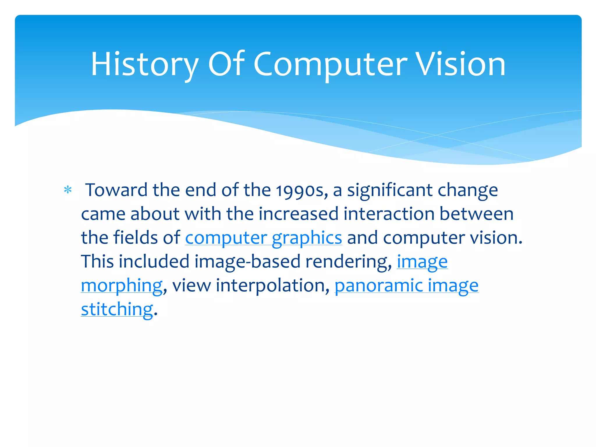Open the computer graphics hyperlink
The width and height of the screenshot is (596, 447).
coord(263,238)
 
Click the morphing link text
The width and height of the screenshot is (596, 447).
coord(122,285)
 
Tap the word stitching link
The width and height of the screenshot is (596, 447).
coord(117,309)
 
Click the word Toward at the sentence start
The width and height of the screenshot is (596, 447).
coord(116,190)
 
